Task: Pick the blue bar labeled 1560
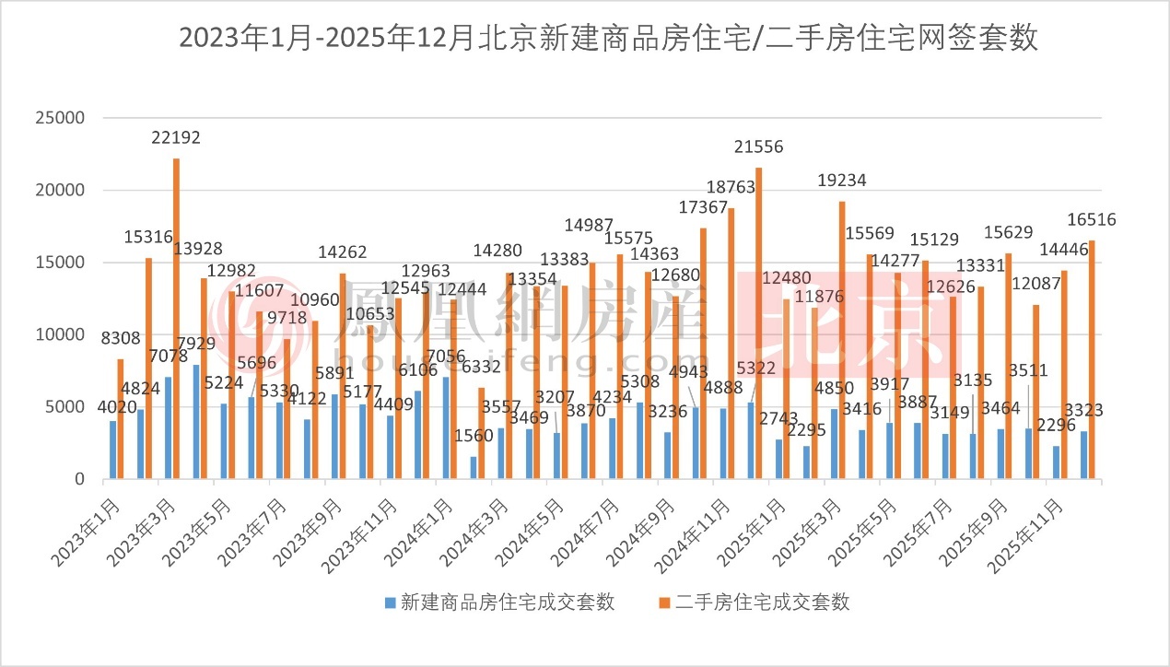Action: [x=474, y=467]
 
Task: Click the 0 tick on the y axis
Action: [x=79, y=480]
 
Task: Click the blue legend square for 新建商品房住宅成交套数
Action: [x=390, y=603]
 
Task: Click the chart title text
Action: [x=608, y=38]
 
